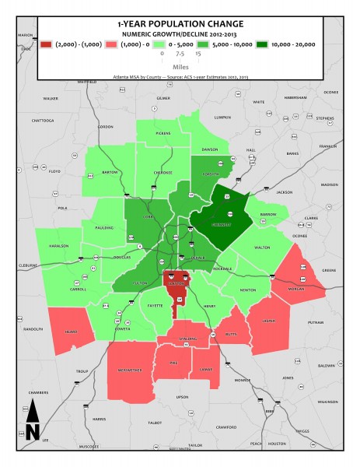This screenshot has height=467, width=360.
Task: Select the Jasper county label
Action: tap(268, 320)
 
